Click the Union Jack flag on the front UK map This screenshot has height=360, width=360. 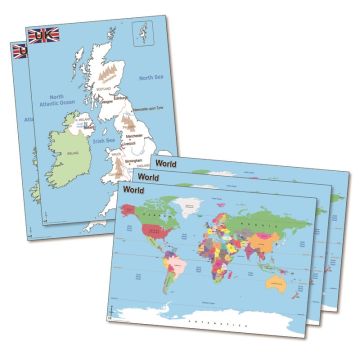tap(43, 35)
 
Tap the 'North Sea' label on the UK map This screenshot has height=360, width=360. tap(152, 77)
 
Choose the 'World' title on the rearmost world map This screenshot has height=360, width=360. tap(167, 157)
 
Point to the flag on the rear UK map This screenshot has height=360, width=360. tap(18, 49)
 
